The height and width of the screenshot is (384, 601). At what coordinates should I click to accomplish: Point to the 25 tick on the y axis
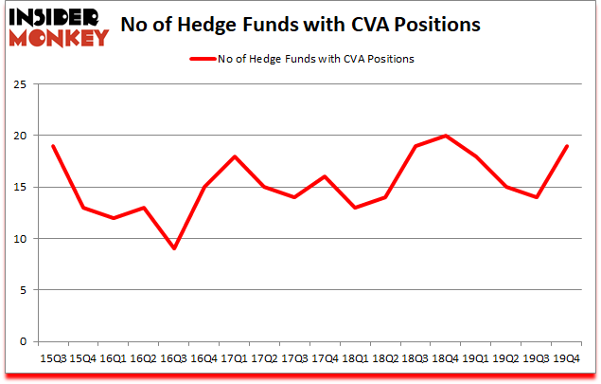click(18, 84)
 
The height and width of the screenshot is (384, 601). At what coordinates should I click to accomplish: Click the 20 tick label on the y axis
click(18, 136)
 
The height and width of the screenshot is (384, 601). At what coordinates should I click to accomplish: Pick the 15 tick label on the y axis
click(18, 187)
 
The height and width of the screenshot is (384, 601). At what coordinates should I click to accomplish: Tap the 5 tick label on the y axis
click(22, 290)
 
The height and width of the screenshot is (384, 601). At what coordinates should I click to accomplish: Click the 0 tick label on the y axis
click(22, 341)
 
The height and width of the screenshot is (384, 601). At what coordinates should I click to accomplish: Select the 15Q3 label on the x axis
click(52, 358)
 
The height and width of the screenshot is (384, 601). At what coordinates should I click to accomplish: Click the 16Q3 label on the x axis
click(173, 358)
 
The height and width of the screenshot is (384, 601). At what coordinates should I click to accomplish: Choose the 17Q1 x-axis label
click(234, 358)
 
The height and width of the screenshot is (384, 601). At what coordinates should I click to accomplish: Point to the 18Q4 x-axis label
click(445, 358)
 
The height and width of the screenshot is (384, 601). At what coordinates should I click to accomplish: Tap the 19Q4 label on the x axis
click(566, 358)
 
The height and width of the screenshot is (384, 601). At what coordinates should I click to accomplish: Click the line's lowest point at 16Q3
click(173, 248)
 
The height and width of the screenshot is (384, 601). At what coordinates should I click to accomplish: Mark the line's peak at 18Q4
click(445, 136)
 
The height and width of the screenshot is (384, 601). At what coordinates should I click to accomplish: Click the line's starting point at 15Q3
click(52, 146)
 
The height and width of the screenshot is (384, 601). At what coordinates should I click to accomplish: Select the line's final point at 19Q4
click(566, 146)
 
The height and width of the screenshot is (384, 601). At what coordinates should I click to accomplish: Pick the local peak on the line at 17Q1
click(234, 156)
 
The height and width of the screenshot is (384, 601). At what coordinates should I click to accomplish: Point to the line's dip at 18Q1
click(354, 208)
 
